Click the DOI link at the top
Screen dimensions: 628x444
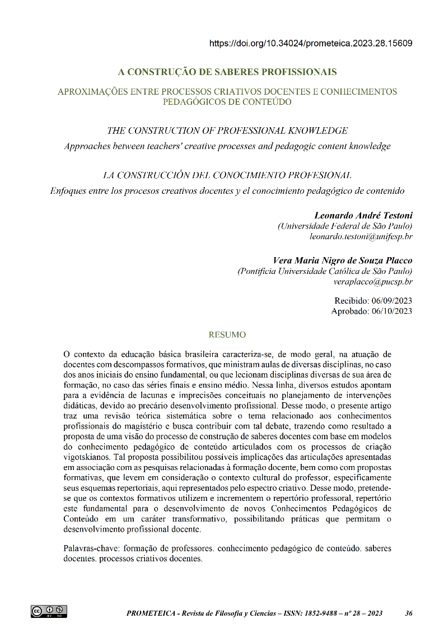tap(311, 43)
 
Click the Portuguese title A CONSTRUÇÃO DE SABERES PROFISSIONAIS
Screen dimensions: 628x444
tap(227, 72)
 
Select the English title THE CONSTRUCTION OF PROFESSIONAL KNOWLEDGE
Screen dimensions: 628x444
tap(227, 131)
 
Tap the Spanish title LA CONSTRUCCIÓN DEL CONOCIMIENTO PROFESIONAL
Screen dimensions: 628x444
tap(227, 175)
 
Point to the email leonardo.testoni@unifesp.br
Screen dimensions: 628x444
tap(361, 236)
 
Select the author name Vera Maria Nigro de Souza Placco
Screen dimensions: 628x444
tap(342, 260)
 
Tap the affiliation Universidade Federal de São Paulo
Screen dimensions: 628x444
tap(345, 226)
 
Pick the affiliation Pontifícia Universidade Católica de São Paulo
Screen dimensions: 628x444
tap(325, 271)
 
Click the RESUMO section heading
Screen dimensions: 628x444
tap(227, 335)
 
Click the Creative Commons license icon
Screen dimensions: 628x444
tap(49, 611)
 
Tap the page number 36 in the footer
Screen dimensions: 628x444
tap(409, 613)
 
